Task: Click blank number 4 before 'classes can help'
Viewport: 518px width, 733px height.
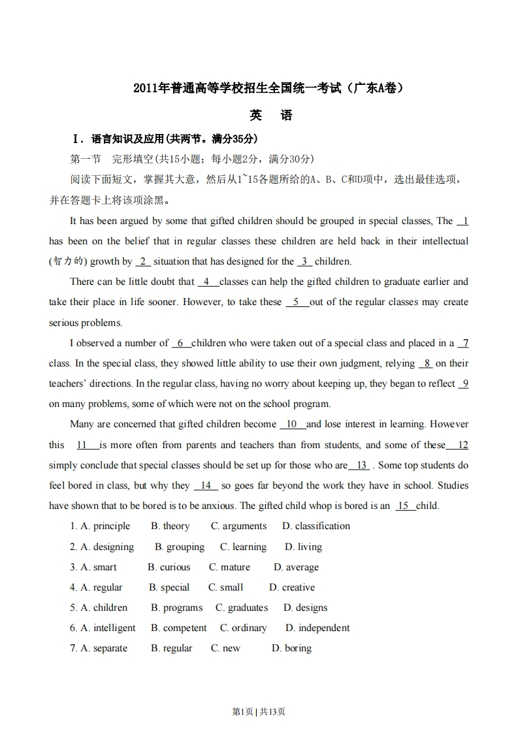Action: (x=207, y=282)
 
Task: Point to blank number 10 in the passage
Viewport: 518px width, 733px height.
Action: (x=292, y=424)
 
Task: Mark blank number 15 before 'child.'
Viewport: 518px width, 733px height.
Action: (x=404, y=506)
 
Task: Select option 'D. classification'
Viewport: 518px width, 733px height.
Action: (x=316, y=526)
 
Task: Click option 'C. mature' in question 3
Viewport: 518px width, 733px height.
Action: (x=229, y=567)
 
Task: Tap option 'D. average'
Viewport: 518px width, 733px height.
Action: (x=296, y=567)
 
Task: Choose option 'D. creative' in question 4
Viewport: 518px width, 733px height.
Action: (x=291, y=587)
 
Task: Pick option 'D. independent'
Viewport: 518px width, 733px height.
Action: (x=317, y=628)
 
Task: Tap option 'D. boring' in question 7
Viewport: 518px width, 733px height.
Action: (x=291, y=648)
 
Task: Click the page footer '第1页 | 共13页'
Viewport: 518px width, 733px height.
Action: (x=259, y=711)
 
